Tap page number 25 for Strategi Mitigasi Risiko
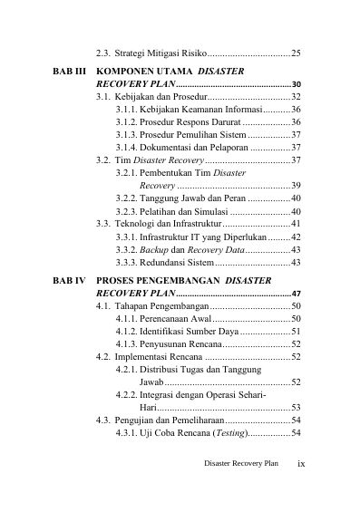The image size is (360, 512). pos(296,53)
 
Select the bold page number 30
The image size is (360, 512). pos(297,84)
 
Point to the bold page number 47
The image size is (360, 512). pos(297,295)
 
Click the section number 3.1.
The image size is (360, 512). pos(103,96)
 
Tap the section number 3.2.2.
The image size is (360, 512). pos(128,198)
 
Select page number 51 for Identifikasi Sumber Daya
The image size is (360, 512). pos(296,332)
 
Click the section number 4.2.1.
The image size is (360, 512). pos(128,370)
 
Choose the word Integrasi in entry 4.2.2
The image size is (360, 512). pos(161,395)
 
